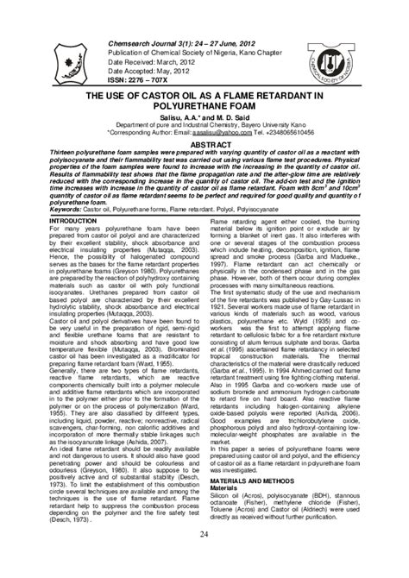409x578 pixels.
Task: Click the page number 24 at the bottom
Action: (x=204, y=561)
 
